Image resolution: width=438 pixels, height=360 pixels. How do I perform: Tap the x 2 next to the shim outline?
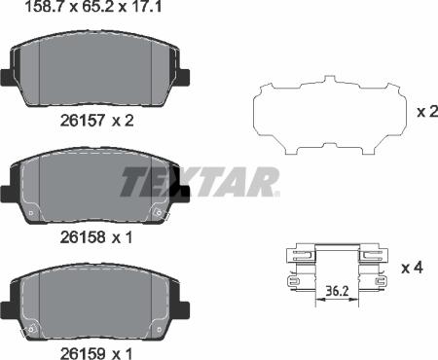click(x=425, y=112)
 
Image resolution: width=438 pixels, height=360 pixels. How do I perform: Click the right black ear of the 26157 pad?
click(x=181, y=72)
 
